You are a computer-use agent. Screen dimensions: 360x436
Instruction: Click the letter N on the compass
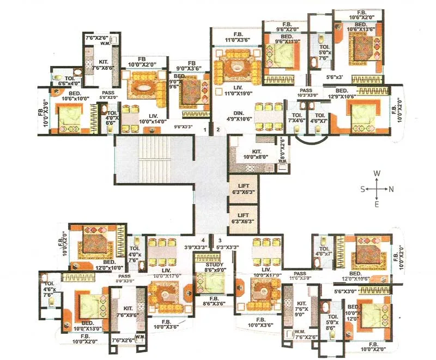[x=391, y=189]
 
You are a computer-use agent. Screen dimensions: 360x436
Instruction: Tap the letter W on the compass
[x=377, y=173]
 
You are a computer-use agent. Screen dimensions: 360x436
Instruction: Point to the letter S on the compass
[x=363, y=189]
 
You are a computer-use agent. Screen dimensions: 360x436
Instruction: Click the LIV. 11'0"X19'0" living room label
[x=235, y=90]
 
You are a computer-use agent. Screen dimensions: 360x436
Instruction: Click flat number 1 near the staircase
[x=205, y=130]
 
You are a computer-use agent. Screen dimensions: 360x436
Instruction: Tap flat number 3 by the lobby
[x=220, y=239]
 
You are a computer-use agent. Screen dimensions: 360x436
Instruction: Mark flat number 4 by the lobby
[x=203, y=239]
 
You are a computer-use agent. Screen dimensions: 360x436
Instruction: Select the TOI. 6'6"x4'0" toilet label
[x=69, y=81]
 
